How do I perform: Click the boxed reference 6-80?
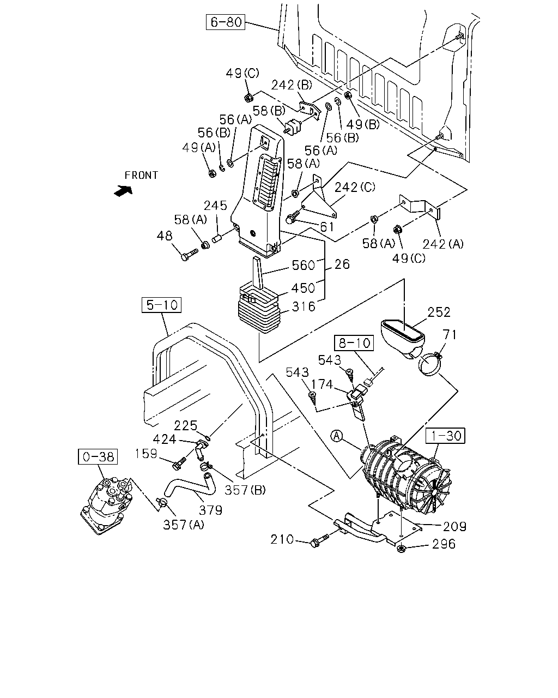(x=226, y=22)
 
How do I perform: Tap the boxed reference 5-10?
(x=161, y=305)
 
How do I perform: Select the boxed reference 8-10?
(x=354, y=343)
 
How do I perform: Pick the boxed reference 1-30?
(x=446, y=436)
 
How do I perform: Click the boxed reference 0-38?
(x=98, y=456)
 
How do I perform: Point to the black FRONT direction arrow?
(x=123, y=190)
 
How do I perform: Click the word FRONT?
(x=141, y=176)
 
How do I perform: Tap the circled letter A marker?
(x=337, y=436)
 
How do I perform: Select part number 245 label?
(x=216, y=206)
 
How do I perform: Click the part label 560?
(x=304, y=266)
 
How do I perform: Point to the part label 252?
(x=439, y=312)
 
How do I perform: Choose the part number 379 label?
(x=210, y=510)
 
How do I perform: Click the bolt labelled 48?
(x=189, y=254)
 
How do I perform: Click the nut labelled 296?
(x=401, y=549)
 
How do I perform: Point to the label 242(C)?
(x=355, y=187)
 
